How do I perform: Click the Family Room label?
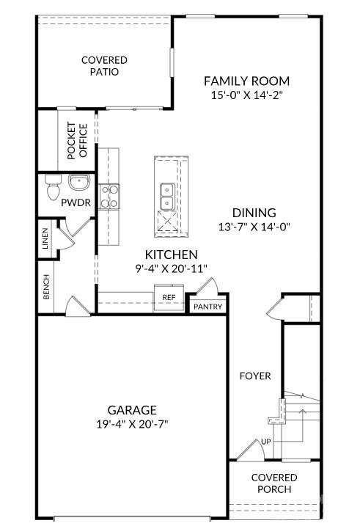click(x=246, y=81)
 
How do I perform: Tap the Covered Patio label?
click(x=104, y=65)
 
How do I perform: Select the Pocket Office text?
click(x=78, y=141)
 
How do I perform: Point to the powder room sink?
click(x=78, y=182)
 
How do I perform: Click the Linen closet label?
click(x=45, y=239)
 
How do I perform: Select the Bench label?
click(x=46, y=288)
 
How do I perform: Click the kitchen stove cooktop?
click(x=109, y=196)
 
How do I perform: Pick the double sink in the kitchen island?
click(x=166, y=194)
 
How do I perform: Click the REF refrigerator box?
click(x=169, y=297)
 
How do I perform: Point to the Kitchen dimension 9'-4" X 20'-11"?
click(x=171, y=269)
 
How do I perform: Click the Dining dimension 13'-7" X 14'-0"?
click(x=255, y=227)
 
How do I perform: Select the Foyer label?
click(x=255, y=376)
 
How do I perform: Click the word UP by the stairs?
click(x=267, y=442)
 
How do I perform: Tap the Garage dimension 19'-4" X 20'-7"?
click(x=132, y=424)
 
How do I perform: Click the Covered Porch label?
click(x=273, y=483)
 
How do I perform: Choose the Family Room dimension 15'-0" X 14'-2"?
click(x=246, y=95)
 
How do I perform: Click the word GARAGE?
click(x=132, y=410)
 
